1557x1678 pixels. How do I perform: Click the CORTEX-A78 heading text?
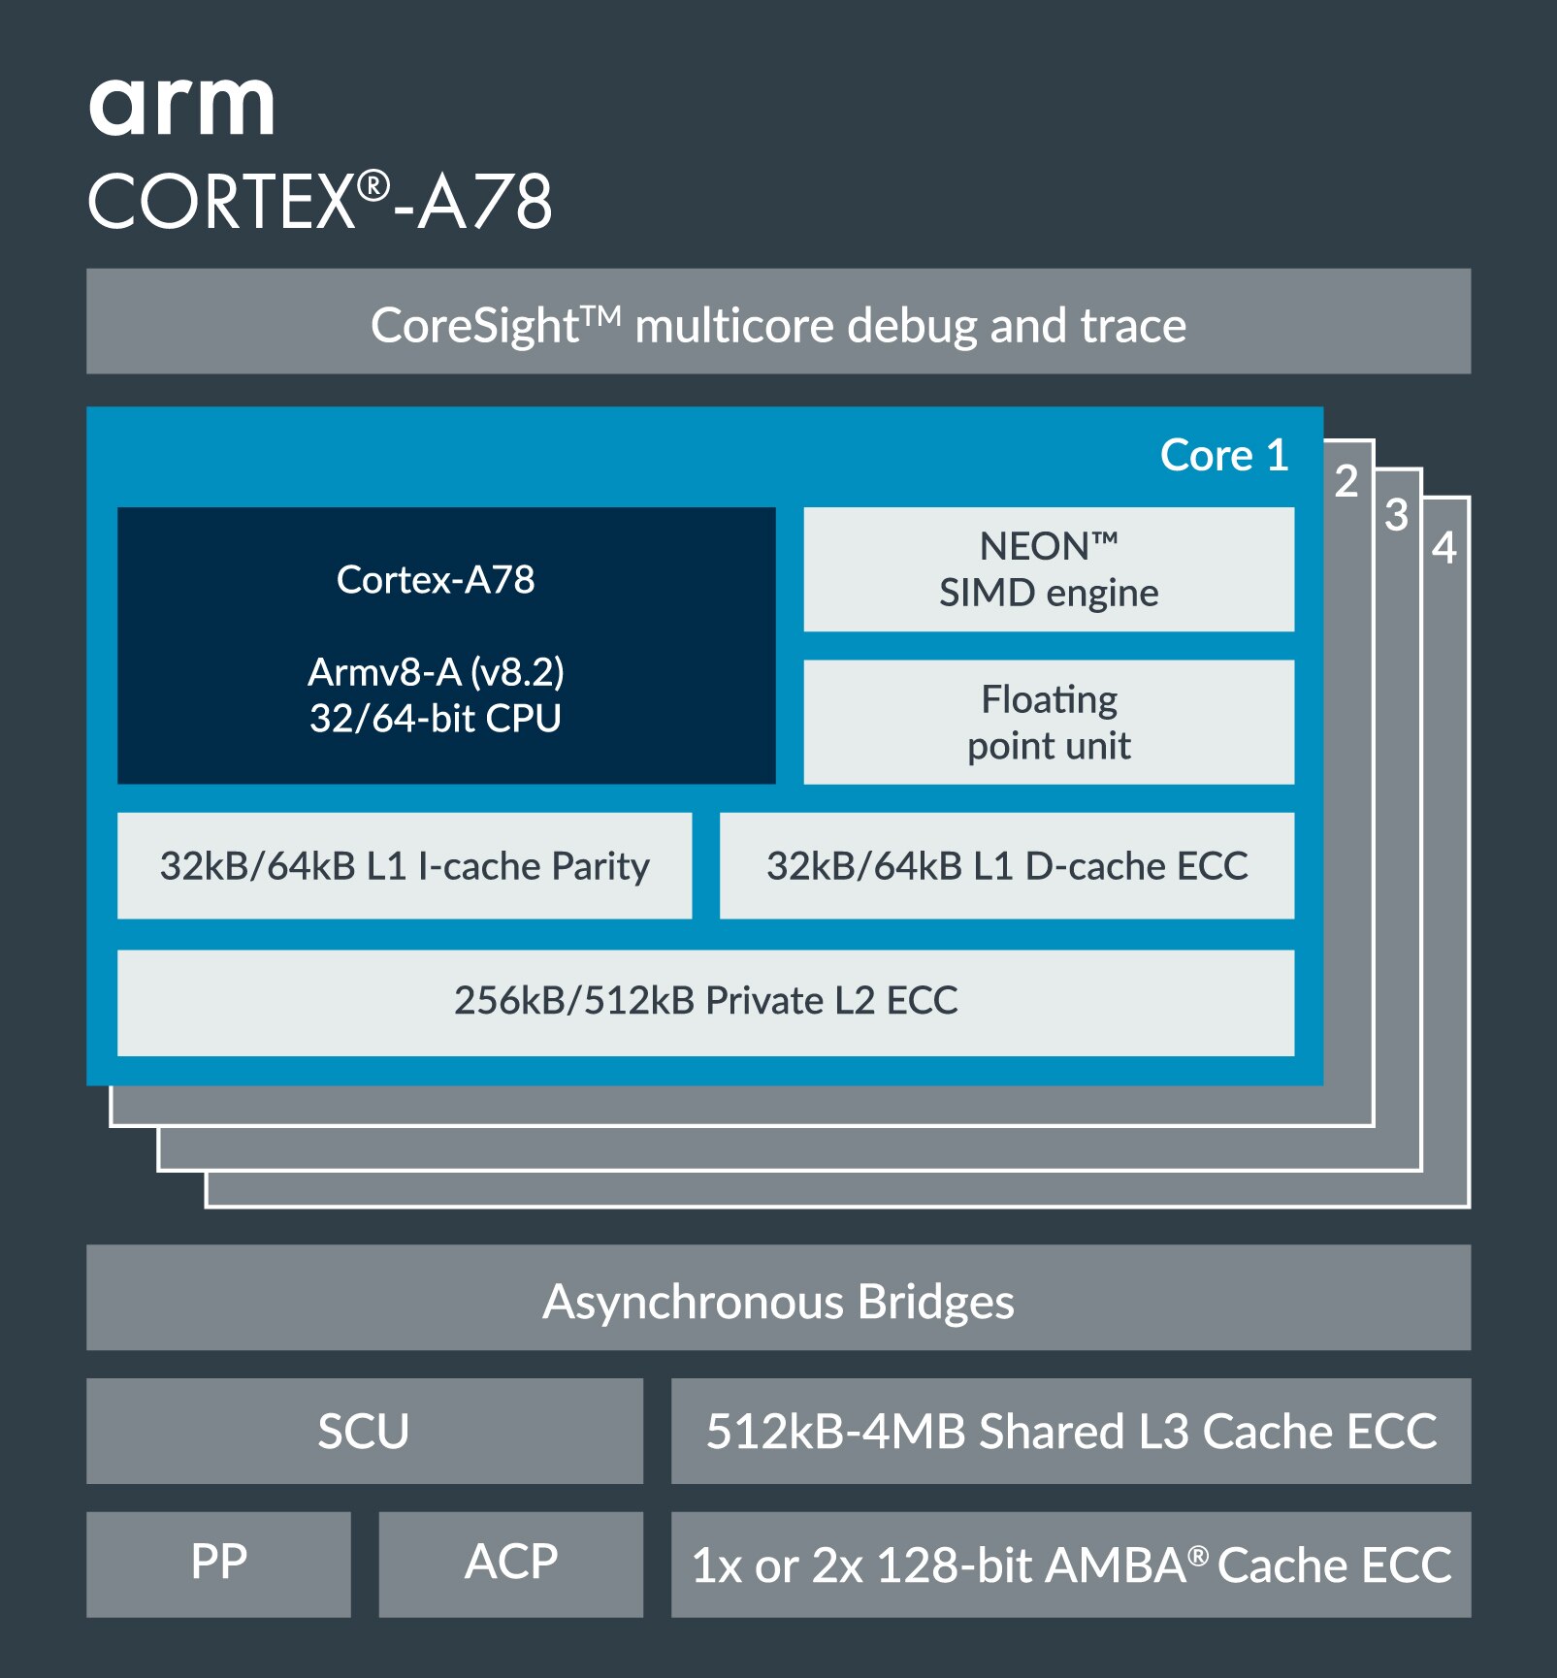coord(320,202)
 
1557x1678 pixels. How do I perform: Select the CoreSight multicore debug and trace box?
coord(778,322)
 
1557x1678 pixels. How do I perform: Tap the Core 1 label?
coord(1223,455)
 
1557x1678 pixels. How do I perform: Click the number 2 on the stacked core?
coord(1346,481)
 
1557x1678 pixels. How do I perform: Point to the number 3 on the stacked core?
coord(1395,515)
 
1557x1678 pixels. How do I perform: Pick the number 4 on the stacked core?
coord(1443,548)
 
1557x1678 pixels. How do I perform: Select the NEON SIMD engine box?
coord(1048,569)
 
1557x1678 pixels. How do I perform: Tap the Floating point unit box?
coord(1048,723)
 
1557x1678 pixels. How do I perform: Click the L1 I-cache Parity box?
coord(404,866)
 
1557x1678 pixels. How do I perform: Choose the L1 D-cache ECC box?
coord(1006,866)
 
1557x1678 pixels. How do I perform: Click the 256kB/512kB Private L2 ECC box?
coord(705,1002)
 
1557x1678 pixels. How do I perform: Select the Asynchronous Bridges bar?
coord(778,1299)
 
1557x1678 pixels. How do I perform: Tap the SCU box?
coord(364,1432)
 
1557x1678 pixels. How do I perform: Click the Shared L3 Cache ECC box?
coord(1070,1432)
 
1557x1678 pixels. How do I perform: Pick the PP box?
coord(218,1564)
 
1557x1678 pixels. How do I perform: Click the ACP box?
coord(510,1564)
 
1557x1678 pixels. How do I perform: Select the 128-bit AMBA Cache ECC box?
coord(1070,1565)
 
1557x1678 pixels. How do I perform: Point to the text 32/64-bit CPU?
coord(435,719)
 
